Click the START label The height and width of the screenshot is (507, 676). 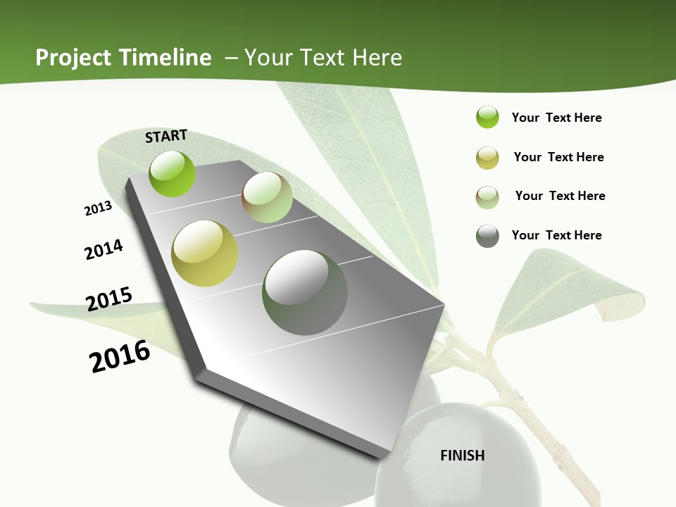click(166, 136)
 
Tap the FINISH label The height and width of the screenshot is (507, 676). click(462, 456)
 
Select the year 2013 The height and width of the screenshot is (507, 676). click(98, 208)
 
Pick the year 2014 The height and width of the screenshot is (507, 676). click(104, 249)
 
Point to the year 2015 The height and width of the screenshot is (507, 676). click(109, 299)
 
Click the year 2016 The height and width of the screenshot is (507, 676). click(120, 356)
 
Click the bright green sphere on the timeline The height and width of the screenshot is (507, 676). click(173, 173)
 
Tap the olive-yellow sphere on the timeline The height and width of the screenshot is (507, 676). click(205, 253)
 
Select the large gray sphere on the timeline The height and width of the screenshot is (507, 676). click(305, 292)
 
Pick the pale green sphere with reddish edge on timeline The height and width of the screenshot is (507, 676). click(267, 197)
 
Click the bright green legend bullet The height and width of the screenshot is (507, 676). click(487, 118)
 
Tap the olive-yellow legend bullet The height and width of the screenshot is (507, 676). click(487, 158)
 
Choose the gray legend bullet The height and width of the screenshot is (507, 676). click(487, 236)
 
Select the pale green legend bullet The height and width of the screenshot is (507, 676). click(487, 196)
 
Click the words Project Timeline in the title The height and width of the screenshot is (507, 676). click(123, 58)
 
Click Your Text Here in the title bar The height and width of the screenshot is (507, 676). click(323, 58)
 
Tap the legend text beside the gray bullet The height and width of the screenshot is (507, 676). click(556, 235)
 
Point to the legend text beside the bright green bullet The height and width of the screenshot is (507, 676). click(556, 118)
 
